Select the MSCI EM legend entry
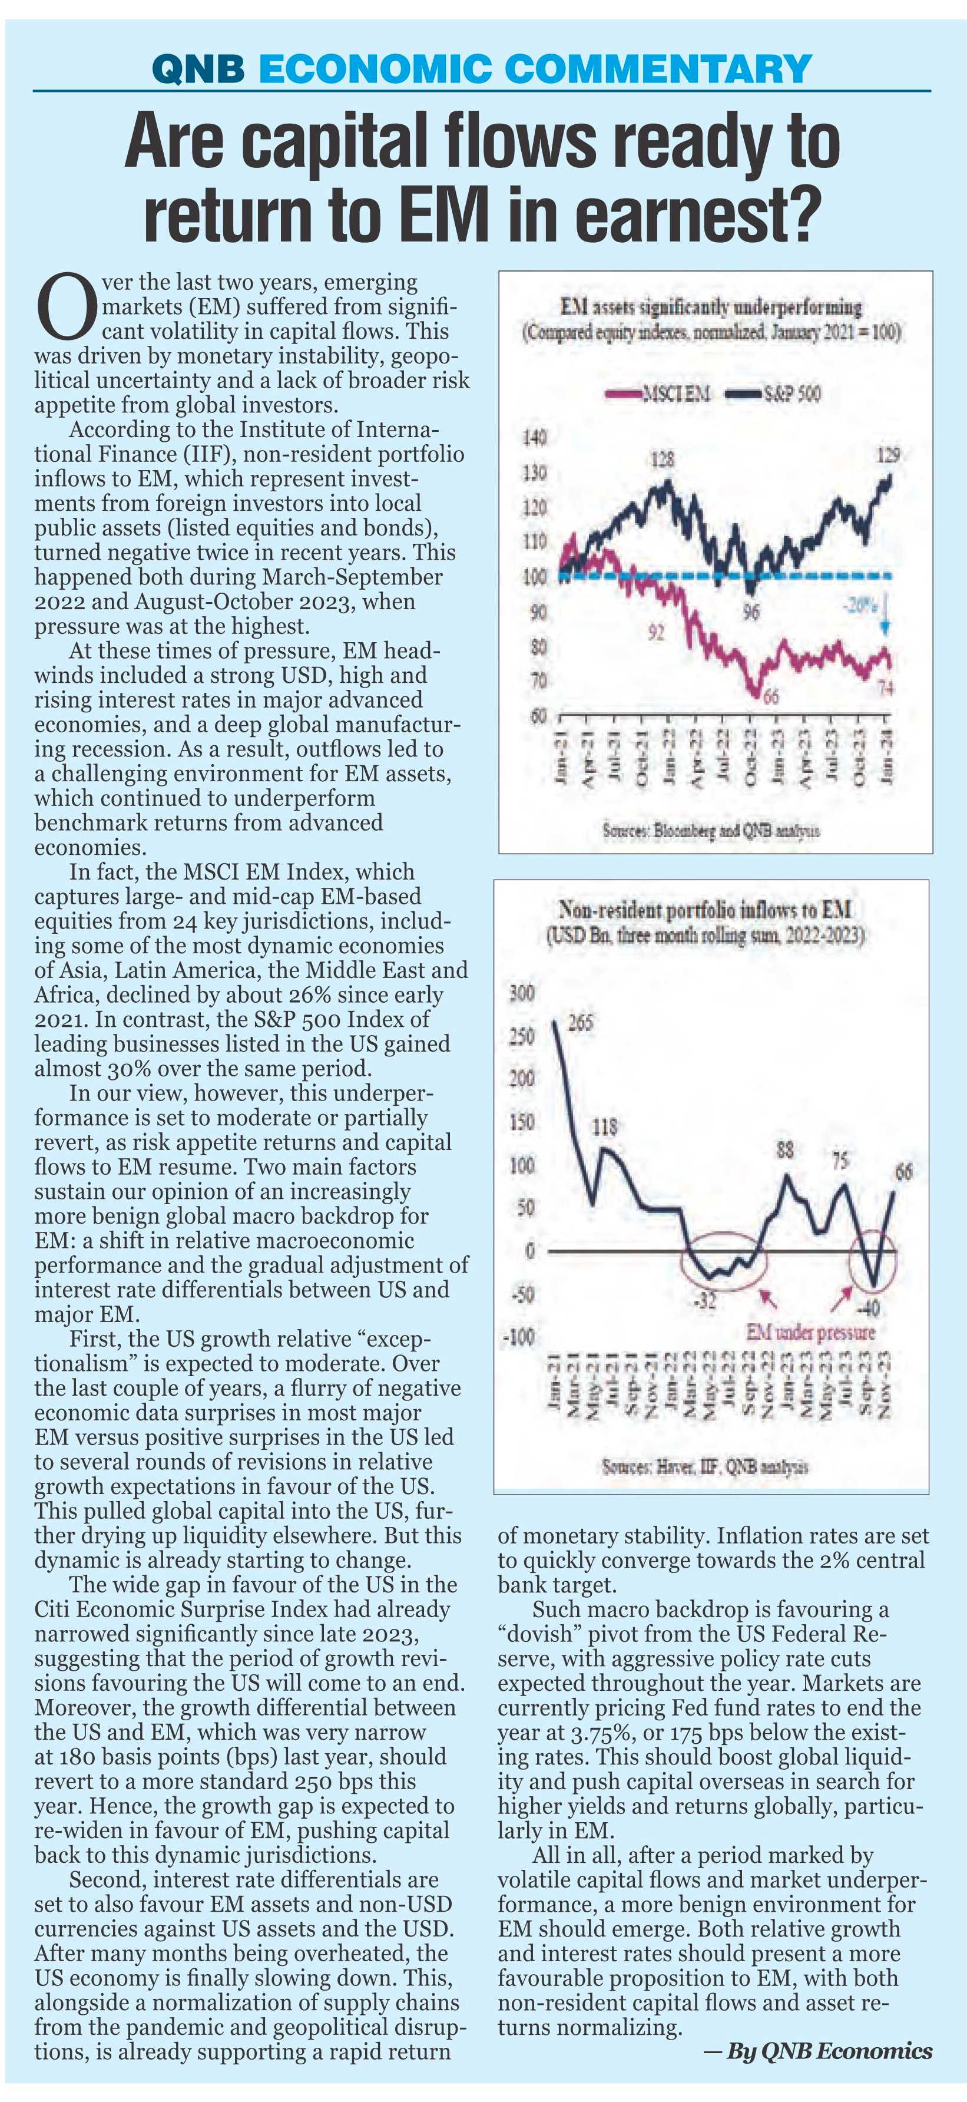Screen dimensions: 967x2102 [x=658, y=395]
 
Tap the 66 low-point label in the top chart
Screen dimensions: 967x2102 [x=770, y=695]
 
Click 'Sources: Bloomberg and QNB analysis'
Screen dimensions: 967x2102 [x=711, y=831]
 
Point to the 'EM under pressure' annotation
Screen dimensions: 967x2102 [x=810, y=1331]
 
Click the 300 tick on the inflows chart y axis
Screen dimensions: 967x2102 [x=523, y=994]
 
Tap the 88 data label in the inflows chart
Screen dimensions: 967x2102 [x=784, y=1151]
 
